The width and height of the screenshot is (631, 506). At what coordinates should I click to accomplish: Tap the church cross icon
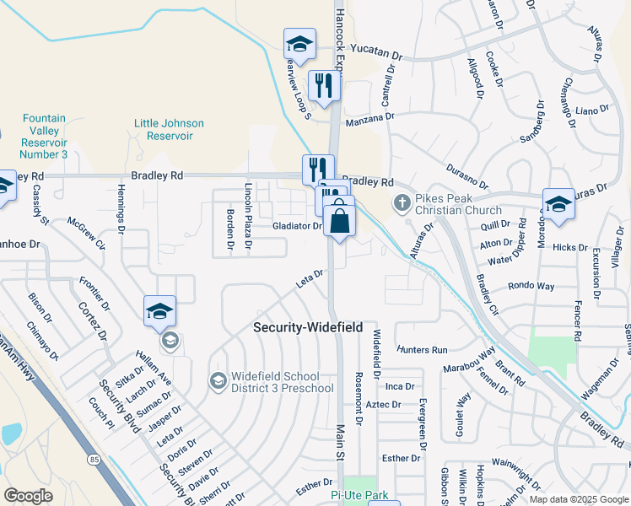401,202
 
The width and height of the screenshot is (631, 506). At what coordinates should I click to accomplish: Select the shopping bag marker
339,221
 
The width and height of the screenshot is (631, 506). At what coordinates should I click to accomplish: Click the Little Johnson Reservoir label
170,129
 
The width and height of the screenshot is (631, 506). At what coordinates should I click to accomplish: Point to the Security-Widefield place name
309,326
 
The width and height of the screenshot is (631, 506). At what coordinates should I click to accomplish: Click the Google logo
28,496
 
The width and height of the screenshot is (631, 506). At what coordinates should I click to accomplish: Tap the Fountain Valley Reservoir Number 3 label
44,137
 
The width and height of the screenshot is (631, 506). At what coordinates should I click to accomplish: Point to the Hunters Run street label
423,349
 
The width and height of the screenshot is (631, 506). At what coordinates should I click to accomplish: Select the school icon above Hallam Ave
159,311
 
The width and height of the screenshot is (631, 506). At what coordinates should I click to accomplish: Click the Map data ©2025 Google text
578,499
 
